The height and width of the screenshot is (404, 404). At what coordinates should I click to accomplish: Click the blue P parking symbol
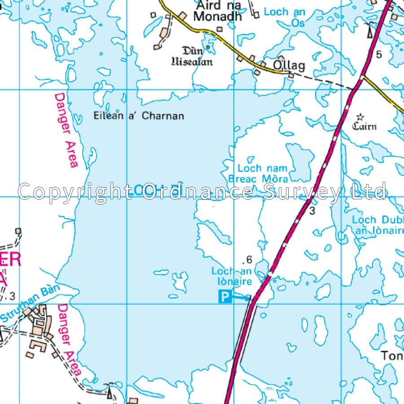point(225,297)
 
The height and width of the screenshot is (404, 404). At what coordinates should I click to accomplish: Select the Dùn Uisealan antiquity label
point(192,57)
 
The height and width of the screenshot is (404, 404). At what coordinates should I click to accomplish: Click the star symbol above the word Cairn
point(359,117)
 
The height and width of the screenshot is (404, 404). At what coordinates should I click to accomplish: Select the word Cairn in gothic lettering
point(364,126)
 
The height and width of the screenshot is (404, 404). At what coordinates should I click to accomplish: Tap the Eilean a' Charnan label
point(139,116)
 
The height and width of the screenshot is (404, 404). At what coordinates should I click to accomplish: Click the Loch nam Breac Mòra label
point(258,174)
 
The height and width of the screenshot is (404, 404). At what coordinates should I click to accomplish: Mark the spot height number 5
point(379,55)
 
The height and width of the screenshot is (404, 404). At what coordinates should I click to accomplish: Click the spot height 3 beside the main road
point(313,211)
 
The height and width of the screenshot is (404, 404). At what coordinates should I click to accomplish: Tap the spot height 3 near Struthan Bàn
point(12,296)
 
